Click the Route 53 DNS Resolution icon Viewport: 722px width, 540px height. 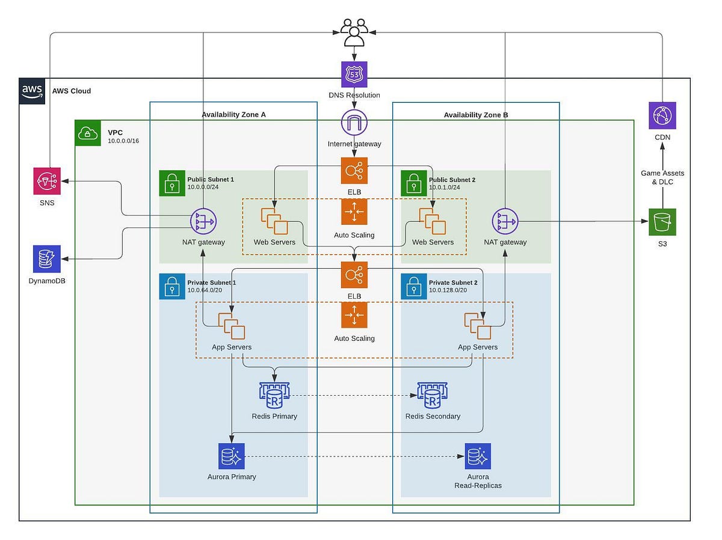click(354, 74)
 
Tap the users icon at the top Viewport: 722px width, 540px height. click(353, 32)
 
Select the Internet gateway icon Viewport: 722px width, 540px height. click(354, 123)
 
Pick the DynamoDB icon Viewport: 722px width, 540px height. click(47, 259)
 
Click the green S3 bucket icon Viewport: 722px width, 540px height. click(662, 222)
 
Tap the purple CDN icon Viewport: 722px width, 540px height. click(662, 115)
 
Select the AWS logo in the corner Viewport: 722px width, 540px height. click(32, 91)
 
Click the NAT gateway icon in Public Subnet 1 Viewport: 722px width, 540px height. click(203, 222)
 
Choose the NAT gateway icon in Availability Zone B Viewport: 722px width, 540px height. click(505, 222)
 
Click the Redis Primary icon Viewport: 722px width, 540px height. click(274, 395)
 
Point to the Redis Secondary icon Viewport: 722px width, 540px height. click(432, 395)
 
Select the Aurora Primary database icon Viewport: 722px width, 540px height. click(232, 456)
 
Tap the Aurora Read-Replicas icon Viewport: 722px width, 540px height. click(478, 456)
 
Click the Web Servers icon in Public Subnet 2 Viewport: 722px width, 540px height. click(433, 221)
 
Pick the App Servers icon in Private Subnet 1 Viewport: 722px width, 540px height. click(232, 327)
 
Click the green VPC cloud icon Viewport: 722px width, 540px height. click(88, 133)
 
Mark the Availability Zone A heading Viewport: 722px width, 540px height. click(233, 115)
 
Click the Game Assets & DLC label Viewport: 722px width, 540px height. click(662, 177)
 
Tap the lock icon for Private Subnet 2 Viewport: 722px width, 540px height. click(414, 287)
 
